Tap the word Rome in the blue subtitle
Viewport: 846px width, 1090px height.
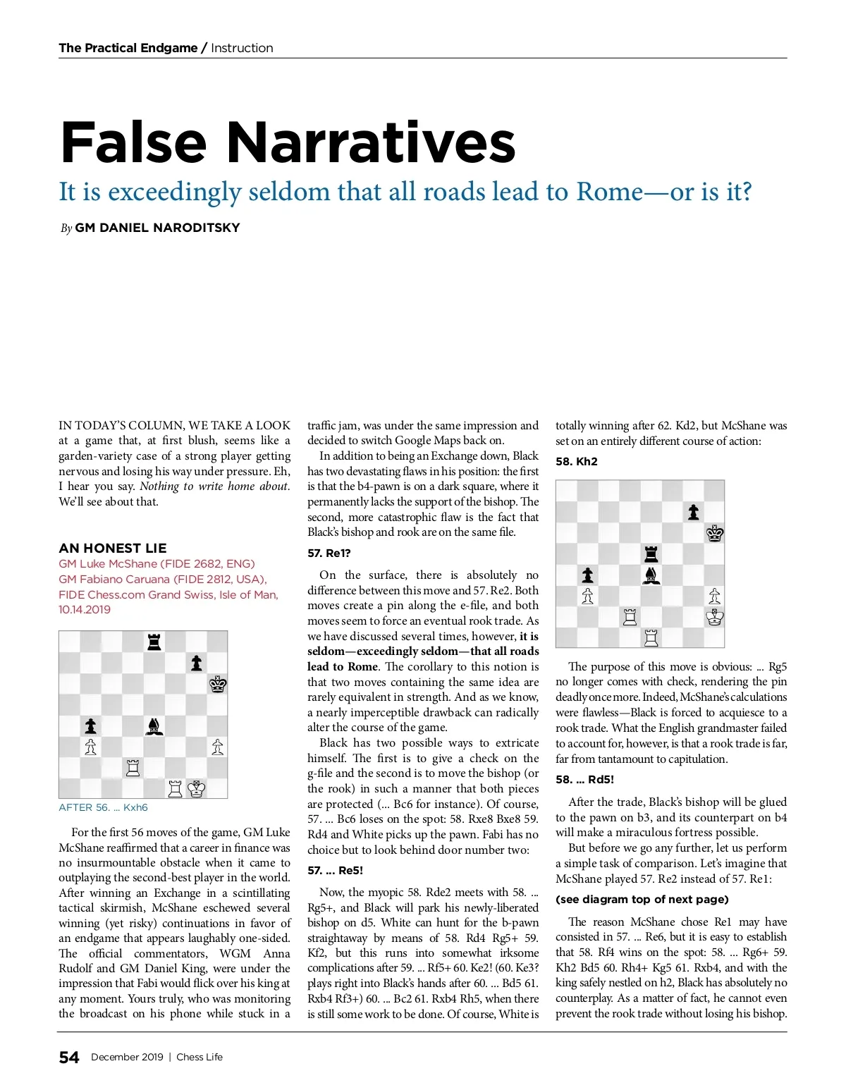tap(608, 192)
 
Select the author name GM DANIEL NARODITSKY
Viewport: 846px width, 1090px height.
tap(157, 228)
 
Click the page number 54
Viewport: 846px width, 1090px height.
tap(69, 1057)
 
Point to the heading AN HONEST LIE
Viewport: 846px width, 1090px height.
tap(113, 548)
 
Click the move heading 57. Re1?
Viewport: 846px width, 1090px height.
tap(329, 553)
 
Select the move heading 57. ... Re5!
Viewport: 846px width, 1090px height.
tap(336, 870)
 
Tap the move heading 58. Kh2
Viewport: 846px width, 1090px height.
tap(577, 461)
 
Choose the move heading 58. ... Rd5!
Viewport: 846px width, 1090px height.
tap(584, 779)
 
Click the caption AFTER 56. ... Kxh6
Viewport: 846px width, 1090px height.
tap(103, 807)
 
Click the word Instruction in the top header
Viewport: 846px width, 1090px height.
tap(242, 48)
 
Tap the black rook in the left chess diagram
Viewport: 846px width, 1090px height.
tap(154, 641)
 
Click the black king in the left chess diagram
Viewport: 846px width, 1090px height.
tap(217, 684)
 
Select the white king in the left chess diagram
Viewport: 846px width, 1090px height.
tap(197, 788)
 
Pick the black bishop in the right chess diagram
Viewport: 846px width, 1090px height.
tap(651, 575)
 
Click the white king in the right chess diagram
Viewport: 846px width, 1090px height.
tap(714, 618)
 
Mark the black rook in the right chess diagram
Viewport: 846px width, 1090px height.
tap(651, 554)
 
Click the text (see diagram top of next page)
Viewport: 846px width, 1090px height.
tap(642, 899)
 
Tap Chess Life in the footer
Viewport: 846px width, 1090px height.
tap(200, 1057)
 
